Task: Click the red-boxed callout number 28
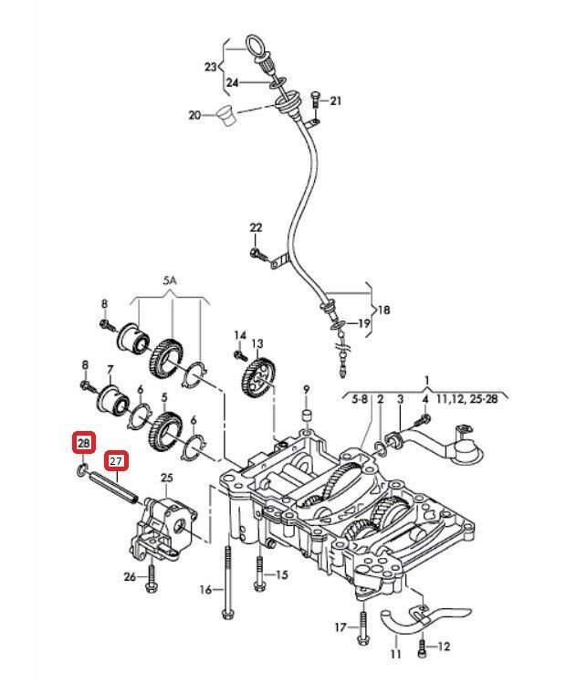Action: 83,445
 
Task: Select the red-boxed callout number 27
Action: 116,461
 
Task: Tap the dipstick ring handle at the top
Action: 255,45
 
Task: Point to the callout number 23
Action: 211,67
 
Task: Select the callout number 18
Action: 383,310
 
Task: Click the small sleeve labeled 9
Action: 306,418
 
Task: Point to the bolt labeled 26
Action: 152,574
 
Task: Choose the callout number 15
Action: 281,574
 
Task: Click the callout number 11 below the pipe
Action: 396,654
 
